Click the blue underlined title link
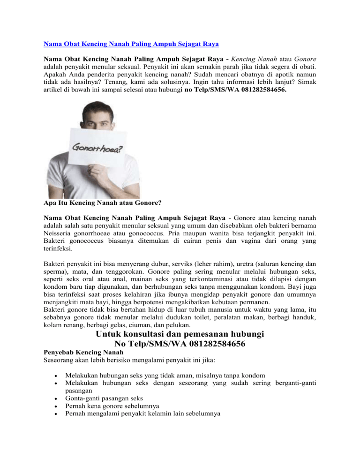(131, 45)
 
